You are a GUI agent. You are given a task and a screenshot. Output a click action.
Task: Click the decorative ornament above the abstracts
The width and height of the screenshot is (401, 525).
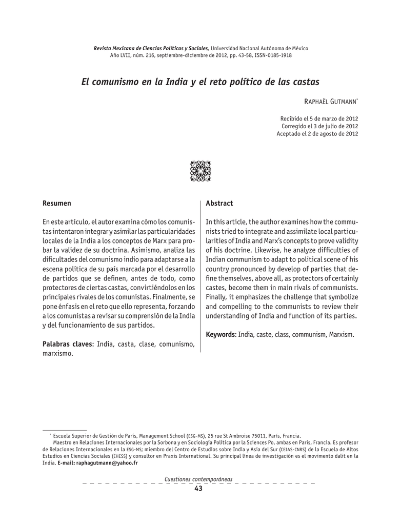tap(200, 171)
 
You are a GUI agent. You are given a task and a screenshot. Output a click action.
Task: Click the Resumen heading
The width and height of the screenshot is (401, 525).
tap(56, 204)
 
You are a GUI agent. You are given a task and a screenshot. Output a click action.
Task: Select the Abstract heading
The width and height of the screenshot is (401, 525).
tap(219, 204)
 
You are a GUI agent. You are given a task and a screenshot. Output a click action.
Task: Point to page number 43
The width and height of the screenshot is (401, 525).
tap(198, 489)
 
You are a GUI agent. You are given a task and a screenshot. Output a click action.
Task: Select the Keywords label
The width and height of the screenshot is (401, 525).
tap(220, 335)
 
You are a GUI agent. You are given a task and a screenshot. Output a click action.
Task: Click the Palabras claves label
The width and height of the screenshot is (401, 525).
tap(67, 344)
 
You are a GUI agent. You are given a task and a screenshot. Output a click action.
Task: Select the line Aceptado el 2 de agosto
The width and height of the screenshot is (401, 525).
tap(317, 134)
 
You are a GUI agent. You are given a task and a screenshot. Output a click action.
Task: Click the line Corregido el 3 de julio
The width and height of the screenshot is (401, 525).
tap(320, 126)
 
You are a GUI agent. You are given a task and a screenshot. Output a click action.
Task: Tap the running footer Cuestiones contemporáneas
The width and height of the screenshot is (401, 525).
tap(198, 479)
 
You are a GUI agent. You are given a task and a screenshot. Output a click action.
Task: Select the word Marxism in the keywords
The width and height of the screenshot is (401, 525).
tap(340, 335)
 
